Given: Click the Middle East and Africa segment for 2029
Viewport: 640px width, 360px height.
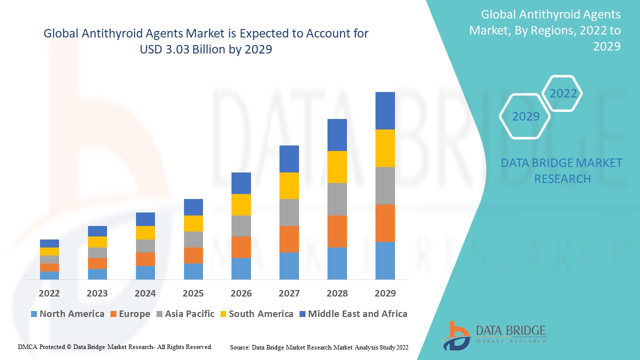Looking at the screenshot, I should (385, 110).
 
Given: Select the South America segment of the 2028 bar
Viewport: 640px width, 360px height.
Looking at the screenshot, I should (337, 167).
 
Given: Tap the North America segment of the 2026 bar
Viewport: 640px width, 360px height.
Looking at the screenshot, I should (241, 268).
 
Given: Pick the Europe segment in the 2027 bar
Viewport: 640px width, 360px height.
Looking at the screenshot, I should (289, 239).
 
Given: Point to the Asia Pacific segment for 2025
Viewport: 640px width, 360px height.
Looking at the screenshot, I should (193, 239).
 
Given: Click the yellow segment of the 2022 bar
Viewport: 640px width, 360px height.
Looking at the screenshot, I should (49, 251).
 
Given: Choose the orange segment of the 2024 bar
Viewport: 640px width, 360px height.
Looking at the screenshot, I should (145, 259).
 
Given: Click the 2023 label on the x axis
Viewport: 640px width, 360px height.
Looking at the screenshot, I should (97, 293).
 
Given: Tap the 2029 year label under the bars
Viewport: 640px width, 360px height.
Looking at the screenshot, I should (385, 293).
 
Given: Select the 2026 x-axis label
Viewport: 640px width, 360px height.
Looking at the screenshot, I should (241, 293).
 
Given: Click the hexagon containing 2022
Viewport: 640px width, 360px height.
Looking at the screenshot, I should (563, 93).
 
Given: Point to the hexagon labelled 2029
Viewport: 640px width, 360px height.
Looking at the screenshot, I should (525, 116).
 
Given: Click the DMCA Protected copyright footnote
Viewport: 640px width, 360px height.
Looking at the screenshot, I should (115, 346).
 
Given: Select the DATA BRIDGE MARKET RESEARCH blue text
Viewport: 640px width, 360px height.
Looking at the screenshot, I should (562, 170).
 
